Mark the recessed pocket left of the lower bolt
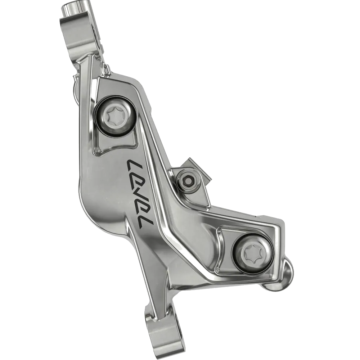tap(225, 248)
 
